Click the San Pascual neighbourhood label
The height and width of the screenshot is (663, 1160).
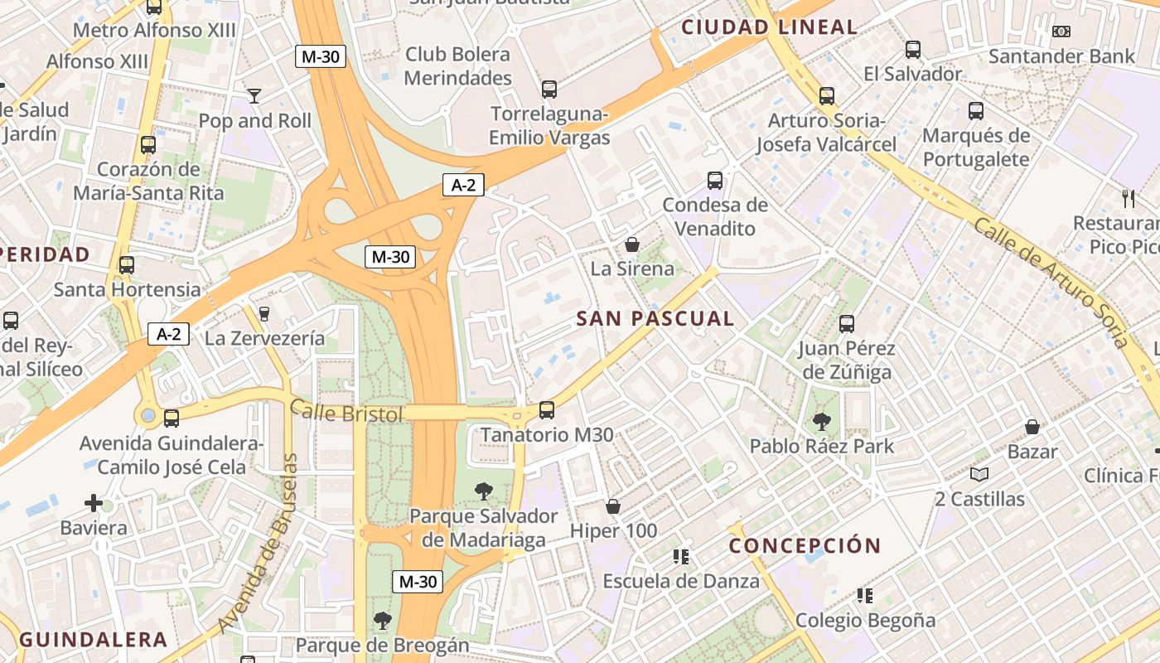pos(655,318)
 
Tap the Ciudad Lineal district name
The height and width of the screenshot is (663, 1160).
pos(769,27)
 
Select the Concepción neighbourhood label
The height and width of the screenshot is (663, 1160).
pos(805,545)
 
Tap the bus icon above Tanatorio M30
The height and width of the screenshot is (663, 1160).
pos(547,409)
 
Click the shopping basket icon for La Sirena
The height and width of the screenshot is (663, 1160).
pos(632,244)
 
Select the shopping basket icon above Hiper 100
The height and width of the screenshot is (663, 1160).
pos(613,506)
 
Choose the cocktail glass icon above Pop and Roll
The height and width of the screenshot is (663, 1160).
pos(254,96)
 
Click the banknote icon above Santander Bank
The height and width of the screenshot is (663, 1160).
pos(1061,31)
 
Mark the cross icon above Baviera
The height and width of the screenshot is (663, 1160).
pos(94,503)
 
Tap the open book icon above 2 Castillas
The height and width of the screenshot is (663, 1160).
pos(979,474)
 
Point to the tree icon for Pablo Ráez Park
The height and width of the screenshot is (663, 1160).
pos(822,422)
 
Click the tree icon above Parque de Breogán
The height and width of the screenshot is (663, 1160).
pos(382,620)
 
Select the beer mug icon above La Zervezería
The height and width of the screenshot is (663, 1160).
pos(264,313)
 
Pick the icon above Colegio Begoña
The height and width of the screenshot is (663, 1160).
pos(865,595)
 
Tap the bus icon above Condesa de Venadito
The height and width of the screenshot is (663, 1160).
pos(715,180)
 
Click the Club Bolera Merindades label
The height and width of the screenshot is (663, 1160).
pos(457,66)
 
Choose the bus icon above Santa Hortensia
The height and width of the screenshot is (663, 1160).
pos(127,265)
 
